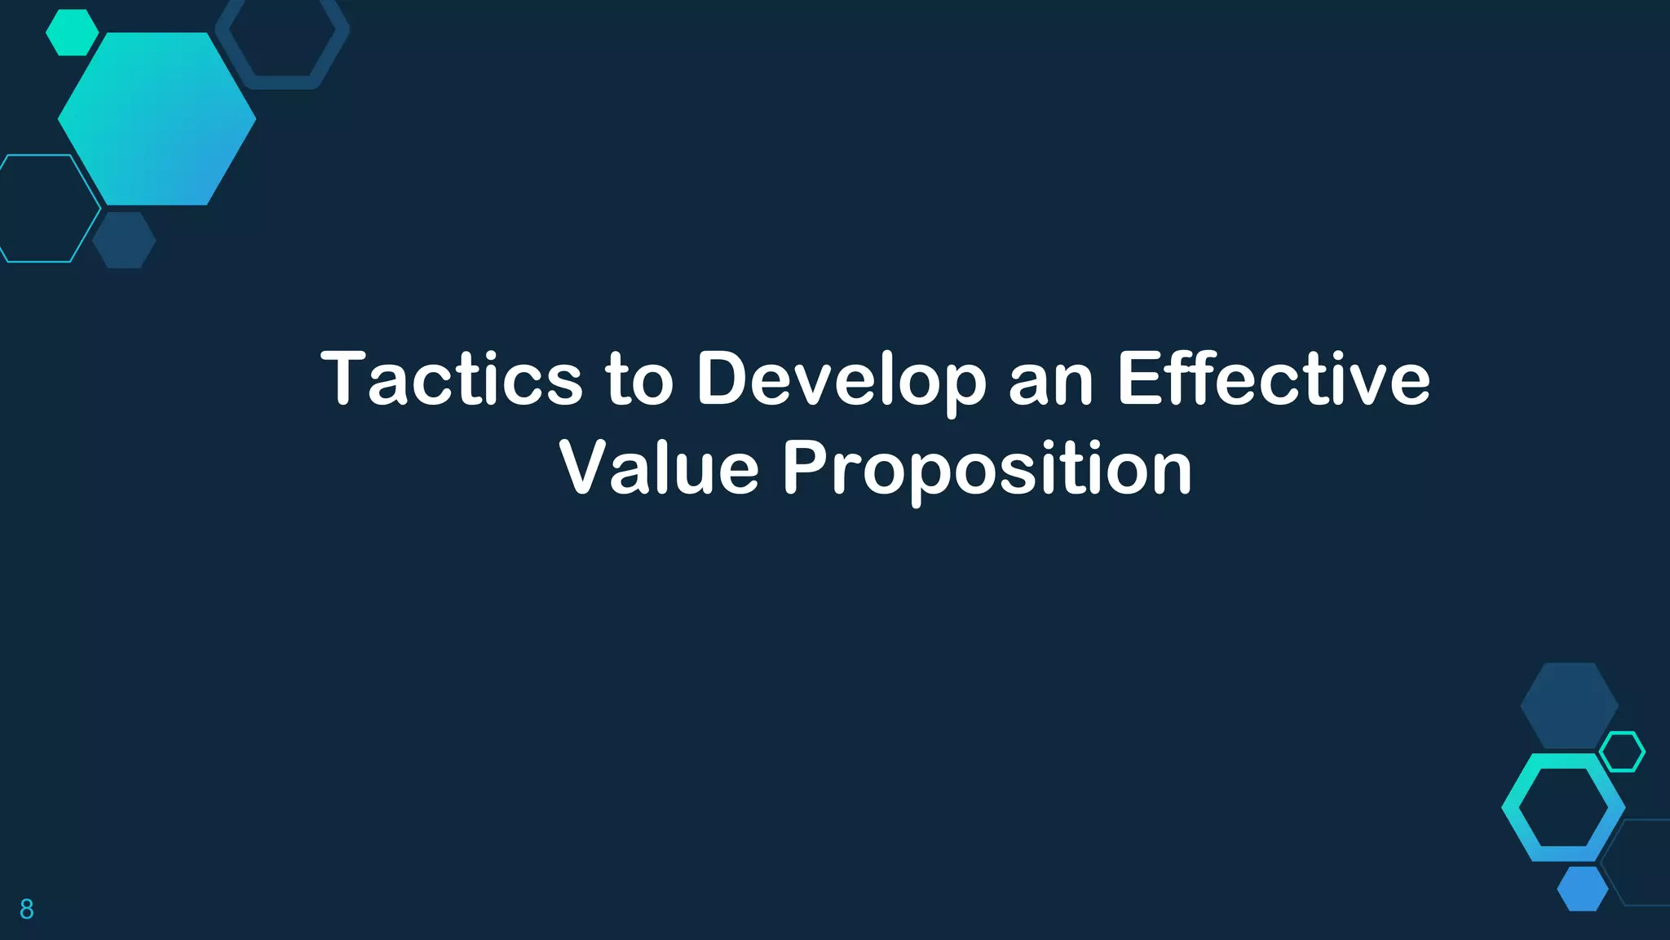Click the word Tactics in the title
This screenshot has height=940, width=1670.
coord(452,379)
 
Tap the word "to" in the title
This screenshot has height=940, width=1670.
coord(639,380)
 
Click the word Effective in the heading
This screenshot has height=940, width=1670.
coord(1274,379)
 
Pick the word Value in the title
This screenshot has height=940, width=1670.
coord(659,468)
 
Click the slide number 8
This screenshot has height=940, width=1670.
coord(27,909)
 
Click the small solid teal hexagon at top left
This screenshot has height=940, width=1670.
coord(72,33)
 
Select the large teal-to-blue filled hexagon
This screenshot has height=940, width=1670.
coord(157,119)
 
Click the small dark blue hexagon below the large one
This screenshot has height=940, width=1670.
coord(124,240)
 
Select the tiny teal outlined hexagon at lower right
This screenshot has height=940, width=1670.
coord(1622,752)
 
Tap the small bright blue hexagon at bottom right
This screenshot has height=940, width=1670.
coord(1583,889)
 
